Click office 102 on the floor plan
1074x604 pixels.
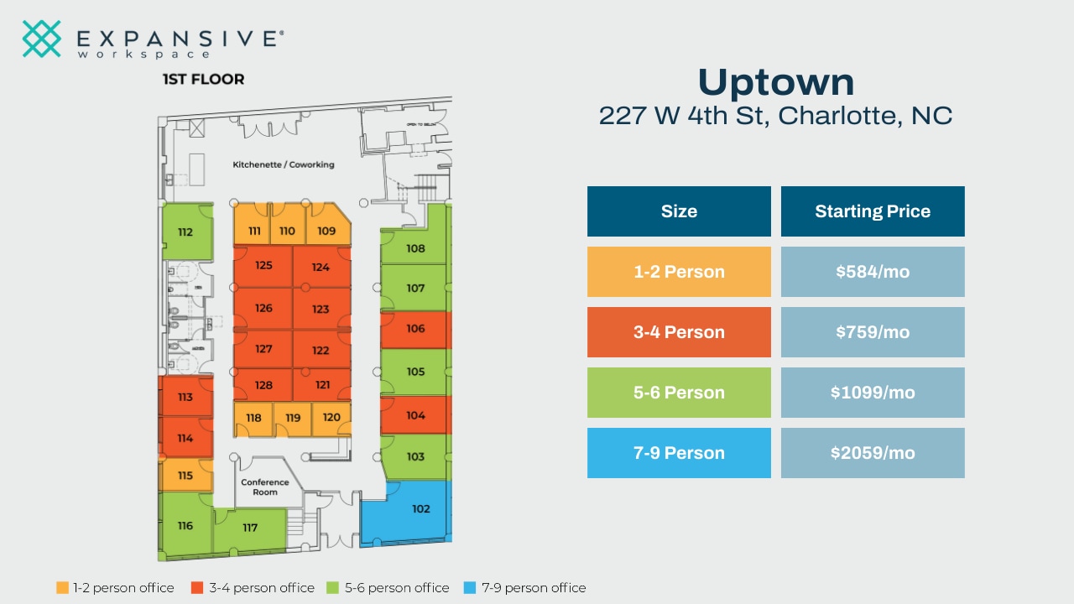(420, 509)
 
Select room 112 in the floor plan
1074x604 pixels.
(185, 232)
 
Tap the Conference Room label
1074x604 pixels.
(265, 487)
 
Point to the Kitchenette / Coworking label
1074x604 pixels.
(284, 164)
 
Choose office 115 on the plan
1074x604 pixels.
(185, 476)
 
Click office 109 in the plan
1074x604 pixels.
(326, 231)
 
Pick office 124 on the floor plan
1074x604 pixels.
(321, 268)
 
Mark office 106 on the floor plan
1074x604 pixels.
(415, 329)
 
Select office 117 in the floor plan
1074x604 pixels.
(250, 528)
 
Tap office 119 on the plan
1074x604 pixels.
(293, 418)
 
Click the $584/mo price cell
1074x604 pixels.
(873, 272)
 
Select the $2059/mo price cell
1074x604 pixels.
(873, 453)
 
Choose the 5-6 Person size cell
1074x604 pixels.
(679, 393)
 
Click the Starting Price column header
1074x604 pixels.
(873, 211)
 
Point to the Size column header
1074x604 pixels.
(679, 211)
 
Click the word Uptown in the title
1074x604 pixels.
(776, 82)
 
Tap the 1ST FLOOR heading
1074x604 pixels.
(203, 80)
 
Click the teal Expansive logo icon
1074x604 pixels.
(42, 39)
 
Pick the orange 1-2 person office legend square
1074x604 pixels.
(62, 588)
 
